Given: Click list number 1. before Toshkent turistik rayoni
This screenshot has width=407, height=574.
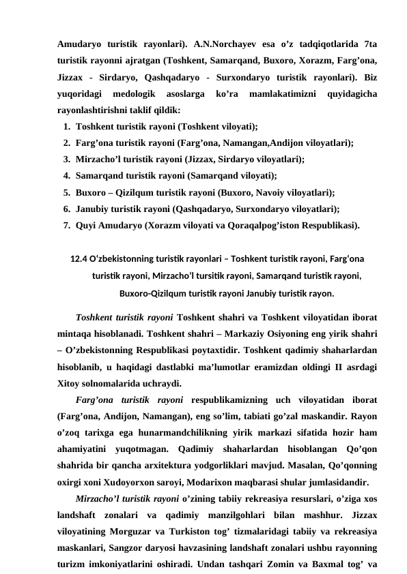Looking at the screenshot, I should click(x=66, y=126).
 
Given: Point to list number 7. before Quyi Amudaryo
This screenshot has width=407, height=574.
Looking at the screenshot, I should click(x=66, y=224).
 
